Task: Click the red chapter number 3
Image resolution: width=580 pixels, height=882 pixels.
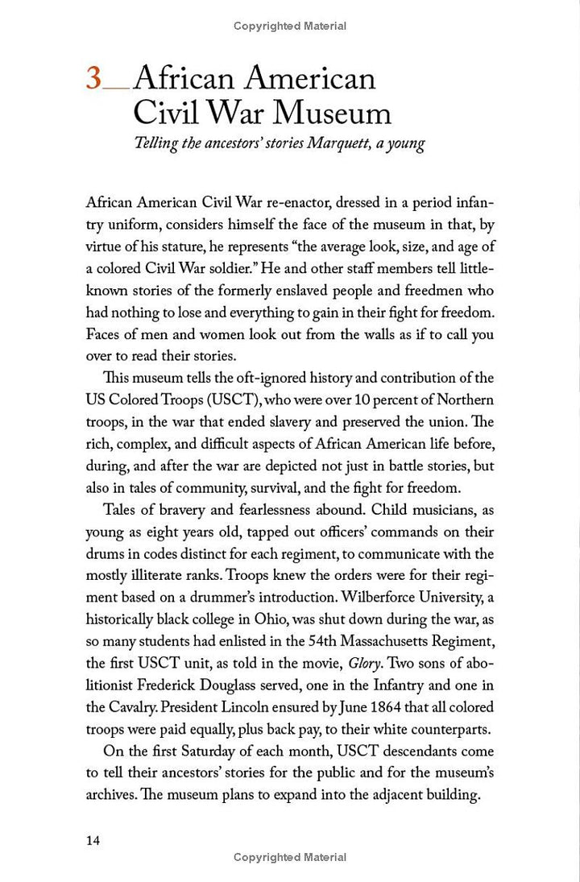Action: point(94,79)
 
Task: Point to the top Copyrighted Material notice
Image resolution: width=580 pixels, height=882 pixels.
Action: point(290,26)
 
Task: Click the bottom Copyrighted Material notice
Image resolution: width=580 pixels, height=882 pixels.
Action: point(290,857)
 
